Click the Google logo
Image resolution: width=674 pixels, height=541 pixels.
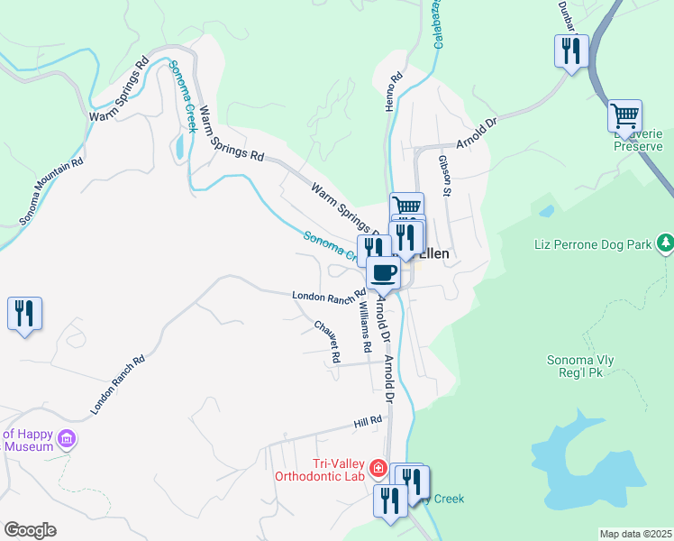30,530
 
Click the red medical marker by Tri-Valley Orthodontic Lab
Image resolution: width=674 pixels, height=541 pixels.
378,467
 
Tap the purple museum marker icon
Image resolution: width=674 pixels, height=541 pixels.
66,440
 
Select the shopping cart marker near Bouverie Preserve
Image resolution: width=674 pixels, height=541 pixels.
624,115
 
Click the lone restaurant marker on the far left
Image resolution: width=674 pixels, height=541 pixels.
24,314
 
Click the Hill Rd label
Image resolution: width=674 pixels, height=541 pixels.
368,421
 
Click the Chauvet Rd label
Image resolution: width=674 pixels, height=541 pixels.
326,342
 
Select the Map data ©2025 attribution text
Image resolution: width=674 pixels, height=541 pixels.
636,534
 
